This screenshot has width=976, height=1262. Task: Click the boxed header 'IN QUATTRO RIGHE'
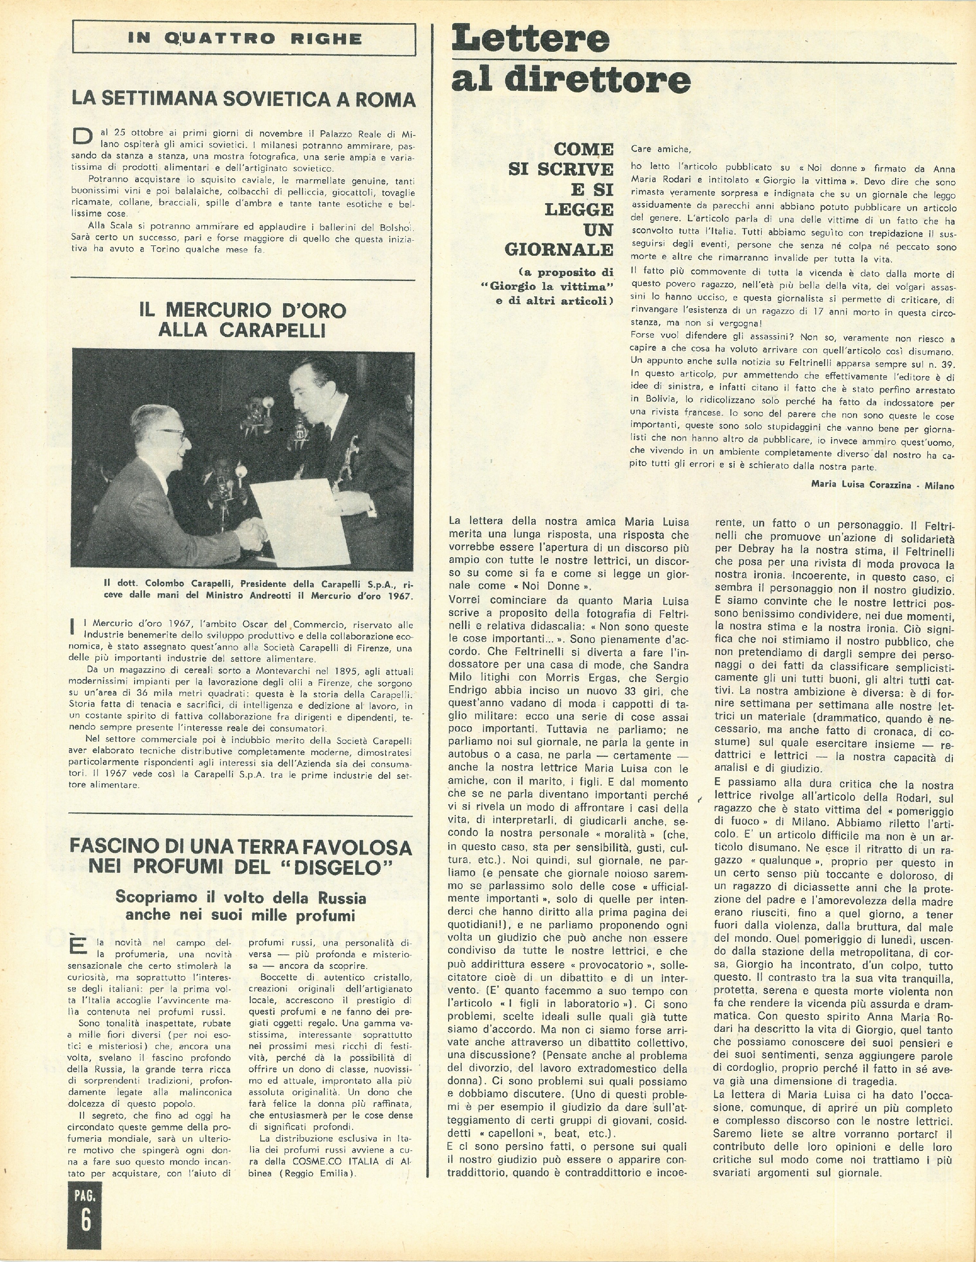click(244, 39)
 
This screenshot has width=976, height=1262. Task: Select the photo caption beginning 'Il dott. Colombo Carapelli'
click(258, 590)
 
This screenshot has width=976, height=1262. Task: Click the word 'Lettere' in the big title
click(530, 39)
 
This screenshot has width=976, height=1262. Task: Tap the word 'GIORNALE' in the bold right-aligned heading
click(559, 250)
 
